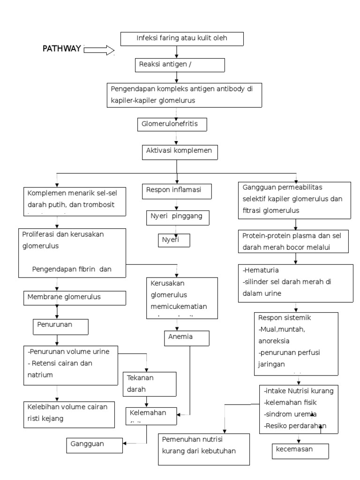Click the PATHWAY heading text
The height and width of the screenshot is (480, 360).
[x=62, y=49]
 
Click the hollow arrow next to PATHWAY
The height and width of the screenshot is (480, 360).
[x=99, y=50]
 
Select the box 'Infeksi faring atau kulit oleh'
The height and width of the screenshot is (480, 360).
[x=182, y=39]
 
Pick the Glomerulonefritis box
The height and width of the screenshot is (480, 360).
[x=172, y=125]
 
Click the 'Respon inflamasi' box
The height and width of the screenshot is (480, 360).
[x=177, y=191]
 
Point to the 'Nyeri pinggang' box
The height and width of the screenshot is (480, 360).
[x=177, y=217]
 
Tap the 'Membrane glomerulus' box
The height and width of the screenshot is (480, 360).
[x=75, y=297]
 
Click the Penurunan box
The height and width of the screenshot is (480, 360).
[x=60, y=327]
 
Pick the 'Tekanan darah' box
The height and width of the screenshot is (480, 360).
[x=150, y=383]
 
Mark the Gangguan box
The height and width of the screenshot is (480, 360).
[x=94, y=443]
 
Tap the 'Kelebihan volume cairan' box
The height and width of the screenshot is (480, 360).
[x=69, y=414]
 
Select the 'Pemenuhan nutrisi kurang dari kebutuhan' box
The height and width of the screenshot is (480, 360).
[x=203, y=449]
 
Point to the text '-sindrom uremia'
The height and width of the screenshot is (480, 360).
[x=291, y=414]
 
